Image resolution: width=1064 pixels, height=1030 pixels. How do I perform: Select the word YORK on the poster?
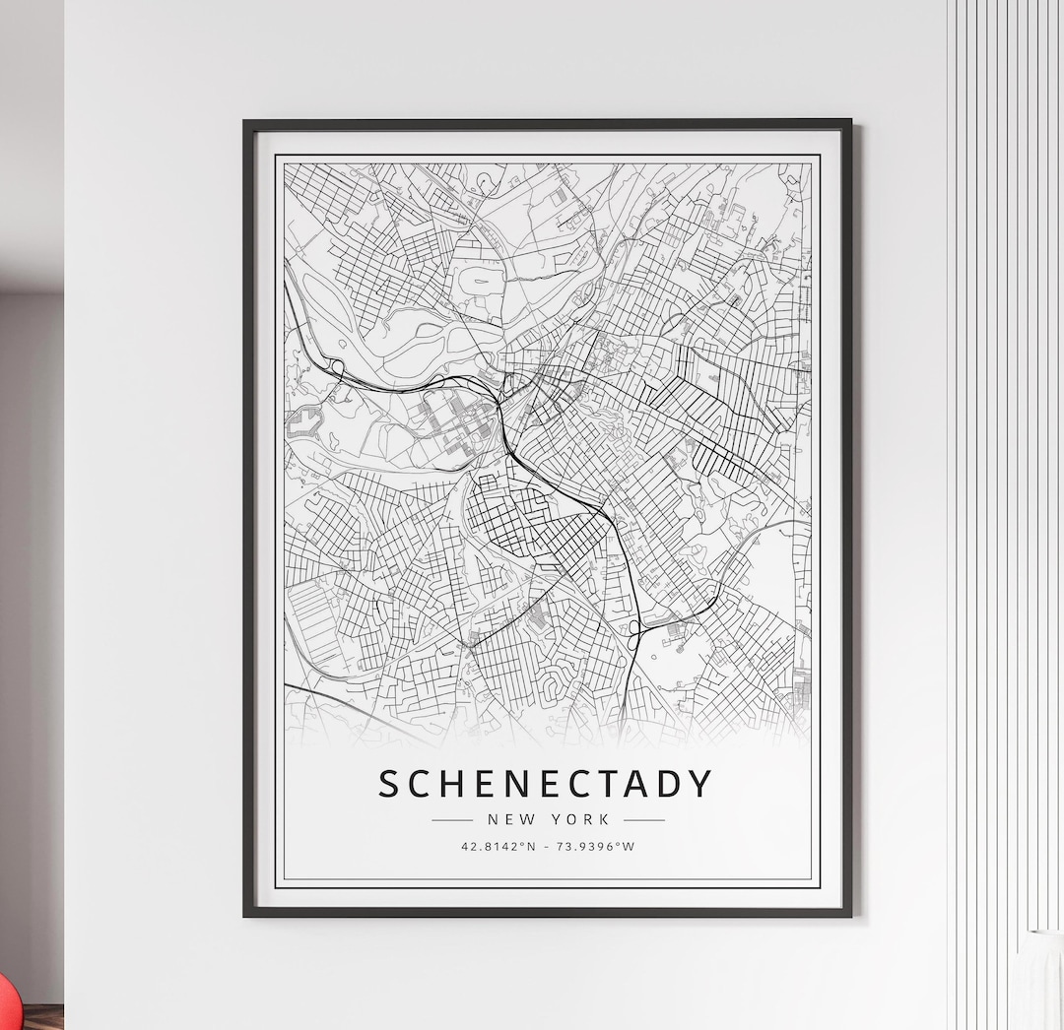(581, 819)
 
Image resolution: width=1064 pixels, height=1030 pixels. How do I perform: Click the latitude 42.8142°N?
(499, 846)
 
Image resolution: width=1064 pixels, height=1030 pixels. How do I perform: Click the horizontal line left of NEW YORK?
(452, 819)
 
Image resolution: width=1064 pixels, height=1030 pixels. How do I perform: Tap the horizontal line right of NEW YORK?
(644, 819)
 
